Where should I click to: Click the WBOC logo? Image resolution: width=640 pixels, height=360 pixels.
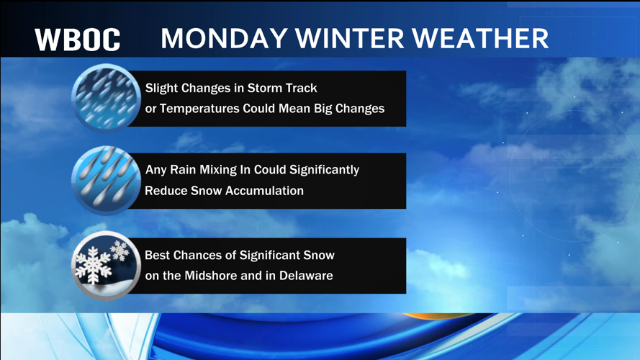point(78,40)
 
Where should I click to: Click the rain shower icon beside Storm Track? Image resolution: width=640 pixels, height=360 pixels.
point(106,99)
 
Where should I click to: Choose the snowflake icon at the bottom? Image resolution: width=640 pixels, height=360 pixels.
point(106,266)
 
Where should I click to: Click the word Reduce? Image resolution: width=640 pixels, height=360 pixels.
point(165,191)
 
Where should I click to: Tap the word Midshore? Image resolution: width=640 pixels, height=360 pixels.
point(221,276)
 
